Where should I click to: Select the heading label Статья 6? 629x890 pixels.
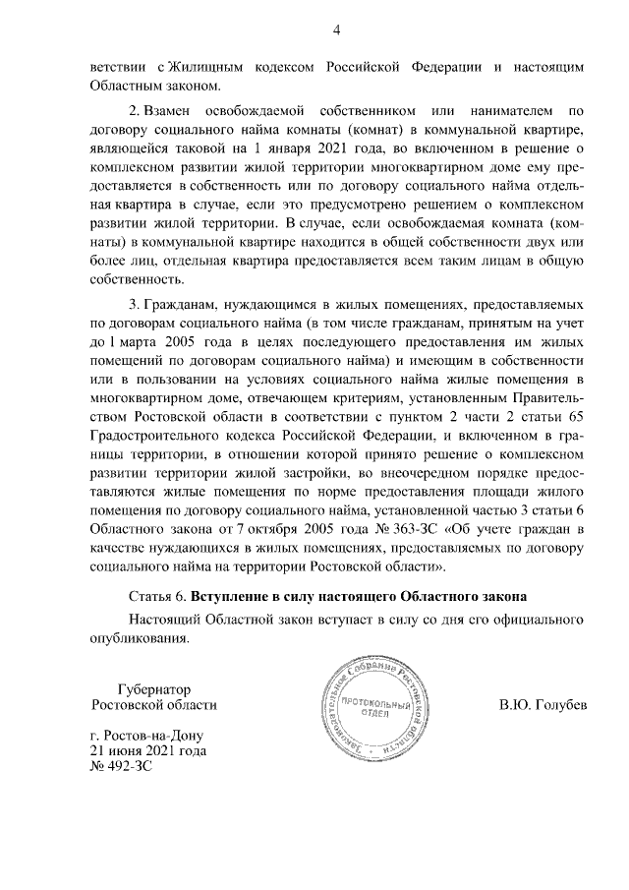[x=157, y=597]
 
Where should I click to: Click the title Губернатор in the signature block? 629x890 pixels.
[x=153, y=689]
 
